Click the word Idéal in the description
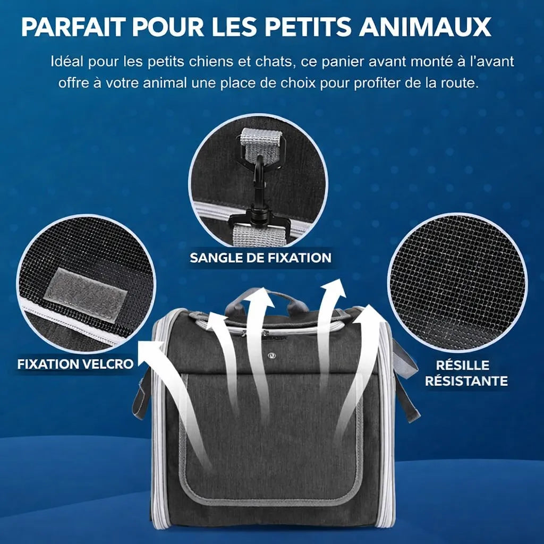coord(67,61)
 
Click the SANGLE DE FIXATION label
coord(260,258)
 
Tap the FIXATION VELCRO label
coord(75,364)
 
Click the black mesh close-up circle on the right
coord(457,282)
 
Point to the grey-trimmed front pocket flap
coord(271,441)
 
